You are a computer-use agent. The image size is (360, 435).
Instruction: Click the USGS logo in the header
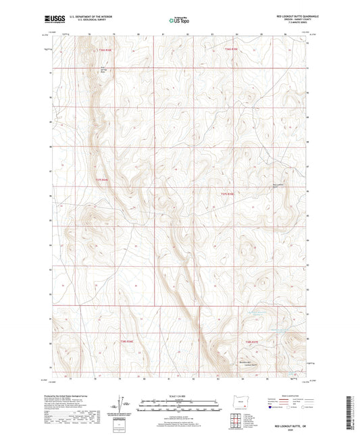coord(55,21)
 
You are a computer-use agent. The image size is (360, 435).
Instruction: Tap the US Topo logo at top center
coord(179,21)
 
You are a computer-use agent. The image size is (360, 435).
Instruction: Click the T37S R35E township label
coord(228,195)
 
